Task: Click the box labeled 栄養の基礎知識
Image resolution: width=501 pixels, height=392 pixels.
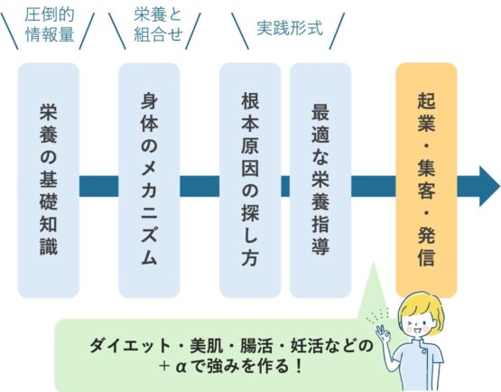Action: (48, 181)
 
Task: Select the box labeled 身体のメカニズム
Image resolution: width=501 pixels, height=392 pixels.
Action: (149, 181)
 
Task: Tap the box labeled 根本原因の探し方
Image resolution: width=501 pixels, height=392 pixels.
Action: (250, 181)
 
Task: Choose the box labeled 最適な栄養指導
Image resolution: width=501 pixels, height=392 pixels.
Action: (320, 181)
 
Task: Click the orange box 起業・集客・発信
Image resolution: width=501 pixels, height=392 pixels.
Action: (426, 181)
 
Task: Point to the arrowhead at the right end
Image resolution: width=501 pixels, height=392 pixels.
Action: (489, 186)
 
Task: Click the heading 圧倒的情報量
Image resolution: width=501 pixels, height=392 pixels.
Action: (50, 25)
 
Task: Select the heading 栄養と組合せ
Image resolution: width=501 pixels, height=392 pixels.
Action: (158, 25)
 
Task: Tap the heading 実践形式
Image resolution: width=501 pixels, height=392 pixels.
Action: (290, 28)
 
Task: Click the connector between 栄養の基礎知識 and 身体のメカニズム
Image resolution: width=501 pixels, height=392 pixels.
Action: (98, 186)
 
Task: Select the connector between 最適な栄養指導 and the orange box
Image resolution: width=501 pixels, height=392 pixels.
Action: (374, 186)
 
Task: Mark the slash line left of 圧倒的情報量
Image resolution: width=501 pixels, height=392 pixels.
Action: (9, 31)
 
